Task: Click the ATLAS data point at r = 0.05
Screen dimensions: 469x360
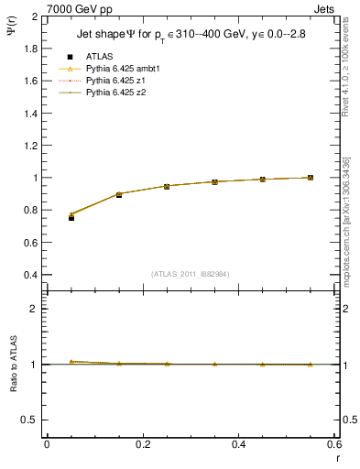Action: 71,217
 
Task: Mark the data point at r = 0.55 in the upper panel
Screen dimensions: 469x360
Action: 311,178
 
